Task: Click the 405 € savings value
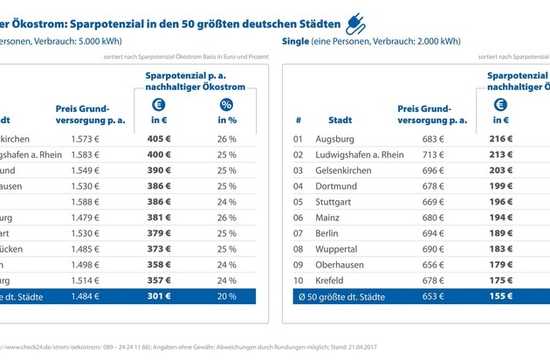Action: click(x=158, y=138)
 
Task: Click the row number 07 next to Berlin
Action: click(x=298, y=234)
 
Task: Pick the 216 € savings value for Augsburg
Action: click(x=501, y=138)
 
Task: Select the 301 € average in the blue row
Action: click(x=158, y=298)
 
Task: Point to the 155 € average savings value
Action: click(x=501, y=298)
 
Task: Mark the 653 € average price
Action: click(x=434, y=298)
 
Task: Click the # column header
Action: click(x=298, y=120)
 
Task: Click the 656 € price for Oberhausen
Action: click(x=434, y=266)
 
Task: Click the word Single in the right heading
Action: click(x=298, y=42)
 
